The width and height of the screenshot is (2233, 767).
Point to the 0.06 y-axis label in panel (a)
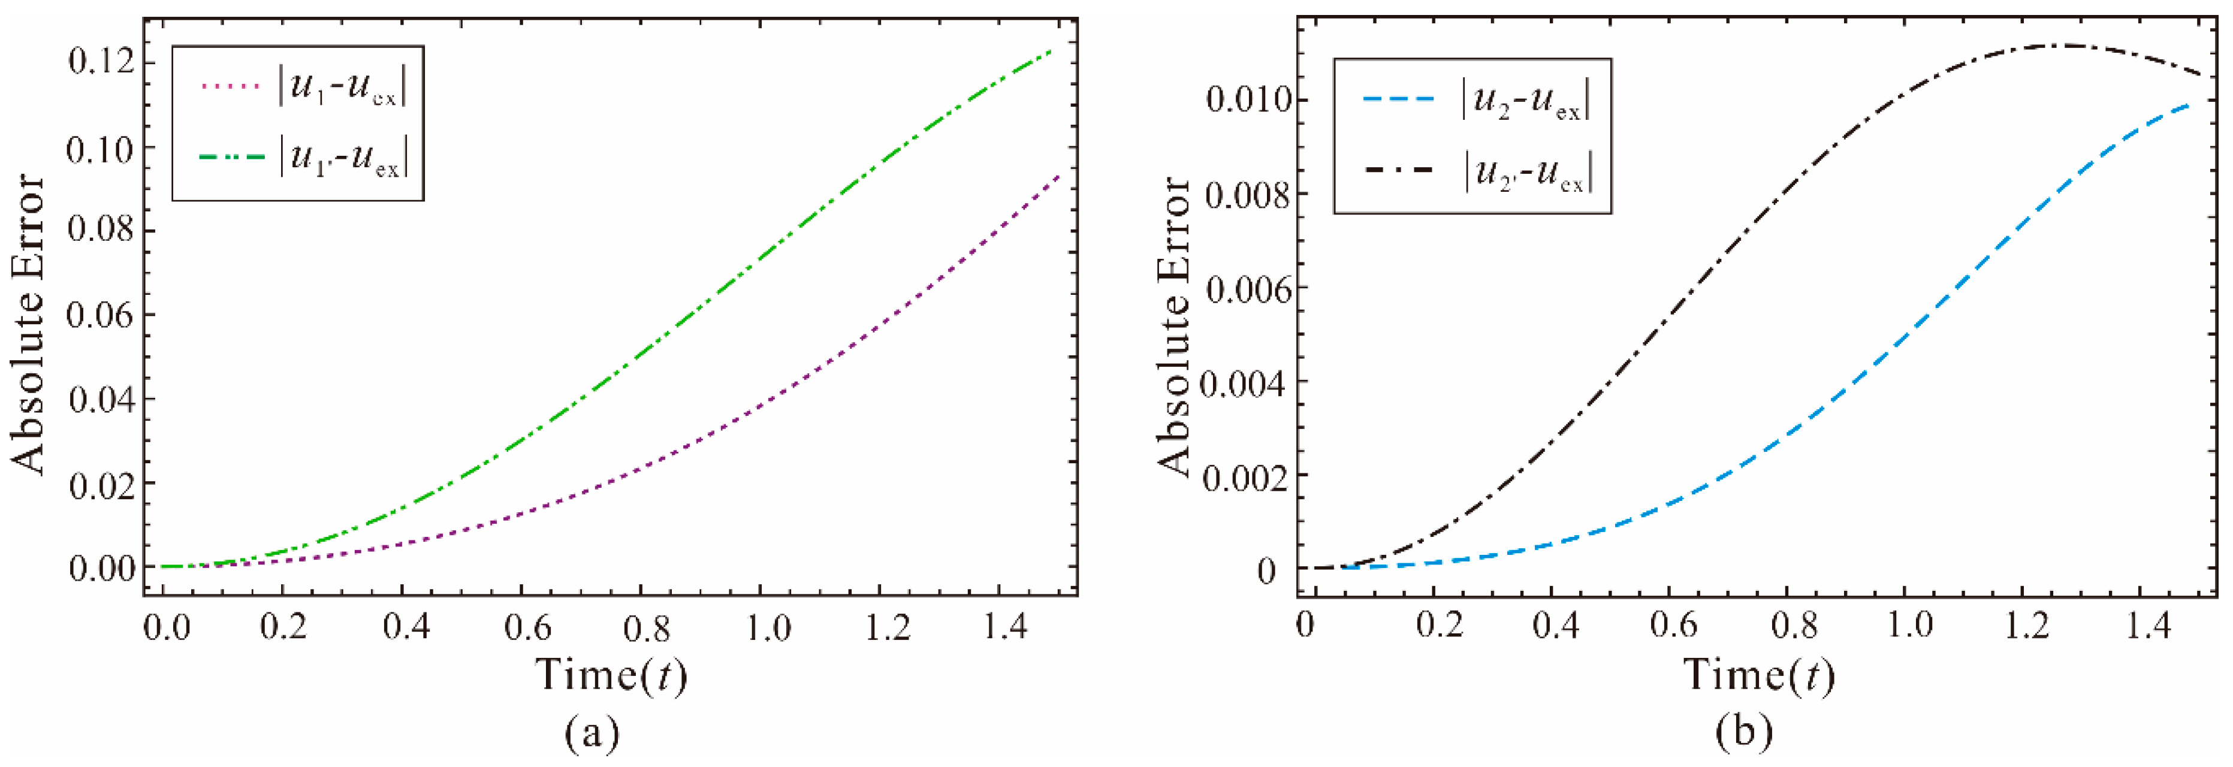101,315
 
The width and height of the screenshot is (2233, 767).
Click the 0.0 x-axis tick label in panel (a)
165,627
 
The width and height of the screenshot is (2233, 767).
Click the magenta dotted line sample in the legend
229,86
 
